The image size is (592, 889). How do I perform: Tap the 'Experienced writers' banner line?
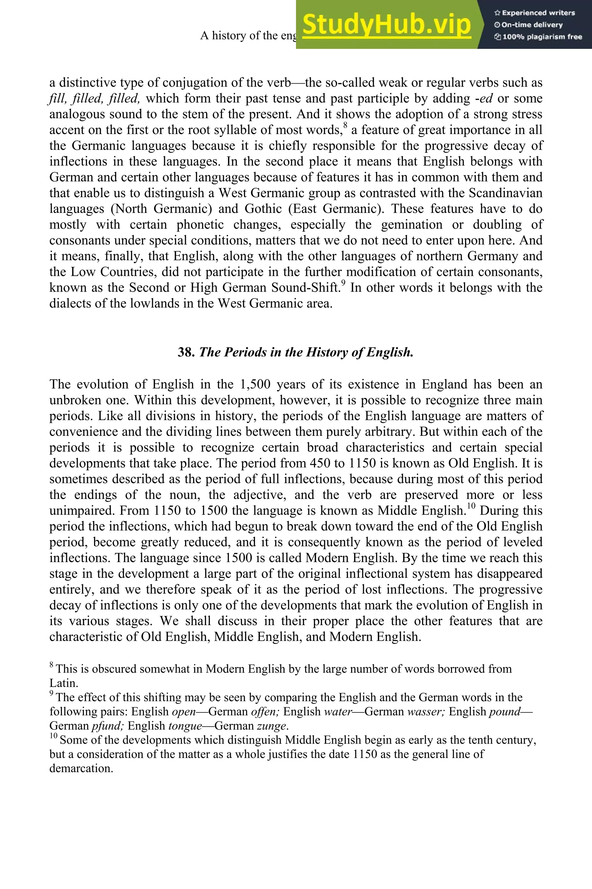click(x=534, y=13)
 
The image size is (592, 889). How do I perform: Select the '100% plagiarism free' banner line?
click(x=538, y=37)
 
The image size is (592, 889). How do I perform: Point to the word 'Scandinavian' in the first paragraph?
click(x=506, y=193)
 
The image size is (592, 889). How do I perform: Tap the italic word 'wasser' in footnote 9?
click(x=426, y=712)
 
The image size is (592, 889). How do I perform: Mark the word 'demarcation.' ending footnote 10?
click(x=81, y=768)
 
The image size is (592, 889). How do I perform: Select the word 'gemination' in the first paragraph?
click(x=412, y=225)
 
